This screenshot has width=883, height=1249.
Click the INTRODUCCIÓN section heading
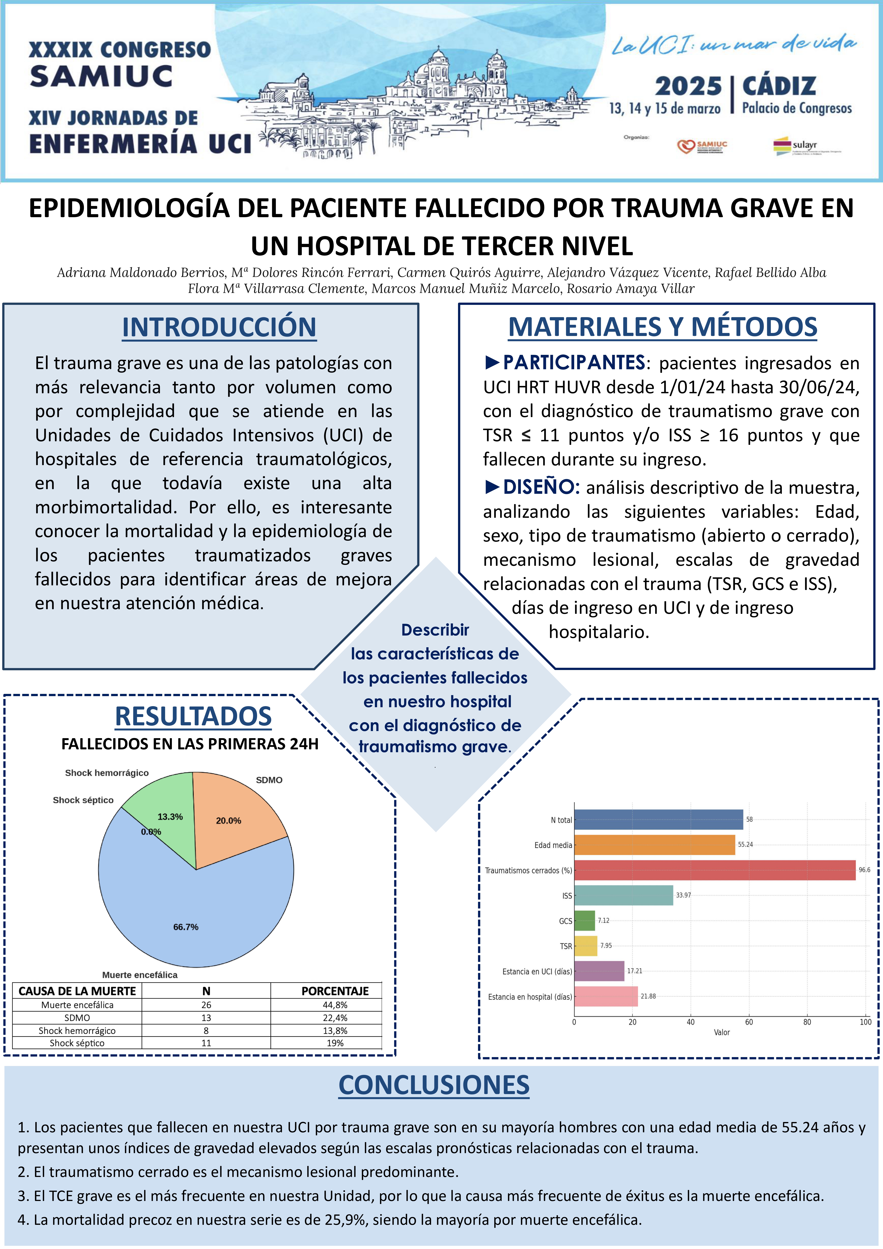[219, 327]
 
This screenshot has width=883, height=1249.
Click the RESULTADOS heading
[193, 716]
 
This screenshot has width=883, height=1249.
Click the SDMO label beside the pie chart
[269, 780]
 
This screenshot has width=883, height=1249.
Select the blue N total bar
[658, 819]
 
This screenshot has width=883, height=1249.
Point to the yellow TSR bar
[586, 945]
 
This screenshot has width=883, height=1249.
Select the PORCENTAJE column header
[335, 991]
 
